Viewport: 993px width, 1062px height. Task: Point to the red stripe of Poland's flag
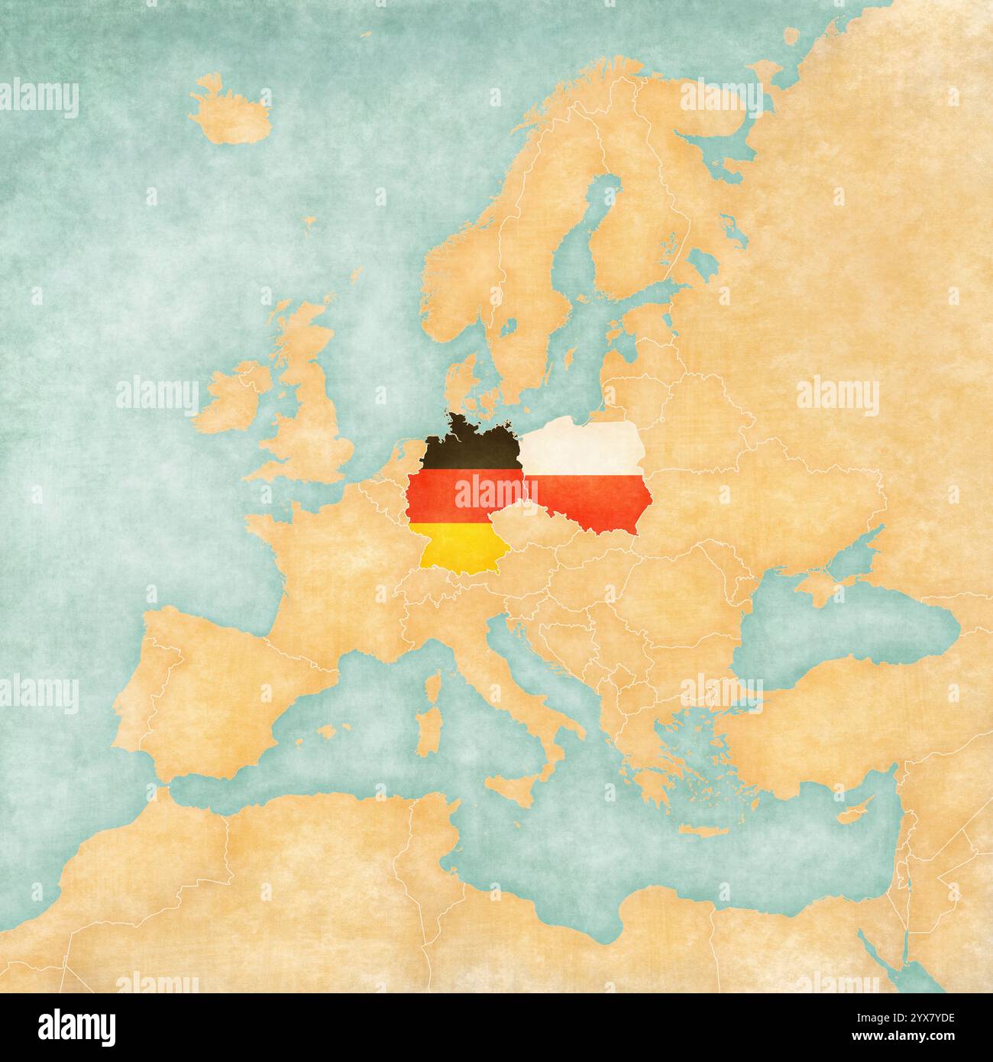[603, 504]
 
